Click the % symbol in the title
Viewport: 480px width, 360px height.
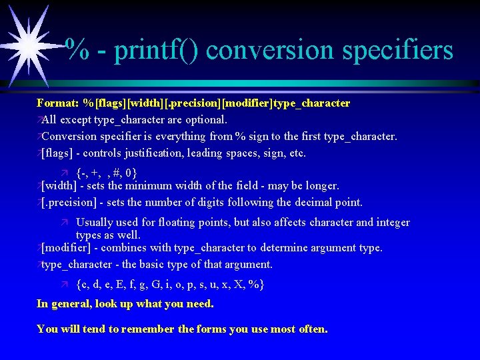coord(79,50)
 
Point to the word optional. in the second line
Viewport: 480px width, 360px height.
coord(206,120)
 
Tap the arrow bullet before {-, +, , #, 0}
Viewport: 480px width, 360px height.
coord(64,171)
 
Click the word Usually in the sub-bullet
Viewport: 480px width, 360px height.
coord(94,222)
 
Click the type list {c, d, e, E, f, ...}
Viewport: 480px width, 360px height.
coord(170,285)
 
